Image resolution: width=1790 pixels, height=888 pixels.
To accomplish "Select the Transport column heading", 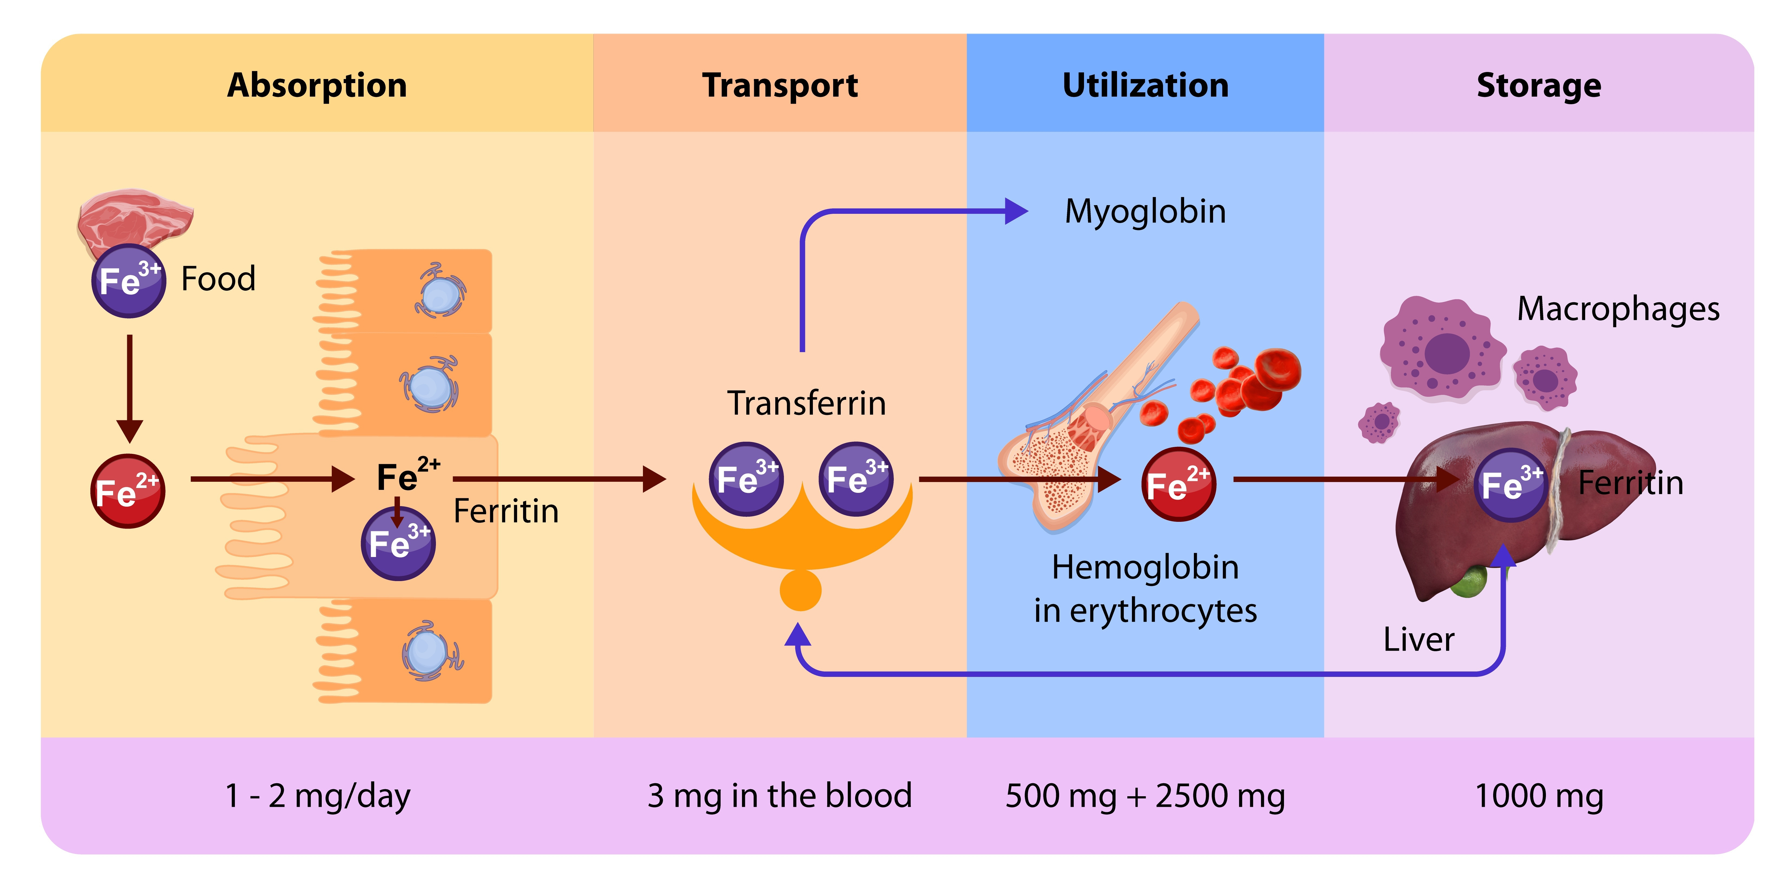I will click(780, 86).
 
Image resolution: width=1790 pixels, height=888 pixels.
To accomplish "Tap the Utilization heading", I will click(1145, 86).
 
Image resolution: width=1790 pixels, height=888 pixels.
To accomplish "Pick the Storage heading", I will click(1538, 86).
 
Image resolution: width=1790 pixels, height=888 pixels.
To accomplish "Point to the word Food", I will click(218, 278).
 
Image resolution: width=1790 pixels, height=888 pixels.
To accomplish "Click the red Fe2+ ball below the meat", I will click(128, 491).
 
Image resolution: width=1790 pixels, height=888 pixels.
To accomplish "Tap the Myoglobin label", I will click(1145, 211).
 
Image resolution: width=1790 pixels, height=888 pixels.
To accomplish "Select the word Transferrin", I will click(806, 403).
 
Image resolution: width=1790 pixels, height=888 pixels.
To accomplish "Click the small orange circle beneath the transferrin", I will click(800, 590).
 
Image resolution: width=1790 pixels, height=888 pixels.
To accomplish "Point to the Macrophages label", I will click(1618, 309).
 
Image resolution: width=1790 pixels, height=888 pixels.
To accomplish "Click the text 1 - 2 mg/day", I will click(318, 796).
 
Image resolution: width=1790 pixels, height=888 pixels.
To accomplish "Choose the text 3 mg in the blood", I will click(780, 796).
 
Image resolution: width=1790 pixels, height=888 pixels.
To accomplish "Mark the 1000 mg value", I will click(1538, 796).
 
